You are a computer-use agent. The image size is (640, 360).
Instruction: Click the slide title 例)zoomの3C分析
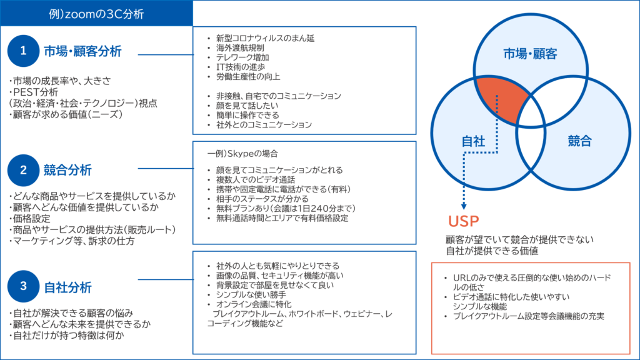(x=96, y=12)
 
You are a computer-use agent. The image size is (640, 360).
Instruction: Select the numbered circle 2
(x=24, y=169)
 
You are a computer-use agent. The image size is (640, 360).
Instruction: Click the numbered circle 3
(x=24, y=287)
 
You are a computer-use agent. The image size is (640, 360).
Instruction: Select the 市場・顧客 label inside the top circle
(x=530, y=54)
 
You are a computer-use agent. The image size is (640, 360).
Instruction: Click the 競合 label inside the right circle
(x=580, y=142)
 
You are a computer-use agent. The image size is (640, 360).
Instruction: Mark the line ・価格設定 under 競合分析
(x=32, y=219)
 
